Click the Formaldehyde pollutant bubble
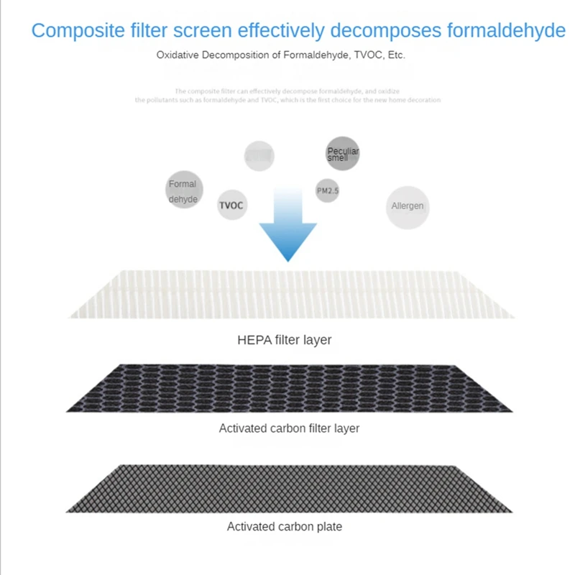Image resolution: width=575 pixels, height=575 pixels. point(183,191)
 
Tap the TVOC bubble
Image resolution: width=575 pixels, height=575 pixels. point(231,205)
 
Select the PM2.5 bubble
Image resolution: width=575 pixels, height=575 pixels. point(328,190)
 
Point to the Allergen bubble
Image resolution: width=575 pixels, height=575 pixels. point(407,206)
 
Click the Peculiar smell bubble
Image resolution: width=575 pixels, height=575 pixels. point(342,154)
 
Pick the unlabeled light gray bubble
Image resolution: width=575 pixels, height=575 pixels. point(259,155)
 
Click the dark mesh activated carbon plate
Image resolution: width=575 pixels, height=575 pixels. point(292,487)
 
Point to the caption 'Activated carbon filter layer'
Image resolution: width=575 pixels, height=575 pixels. point(289,428)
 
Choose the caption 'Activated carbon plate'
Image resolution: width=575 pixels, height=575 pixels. point(285,527)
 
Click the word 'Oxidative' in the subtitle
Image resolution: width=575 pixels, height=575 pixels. point(175,55)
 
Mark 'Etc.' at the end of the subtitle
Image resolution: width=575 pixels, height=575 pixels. point(396,55)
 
